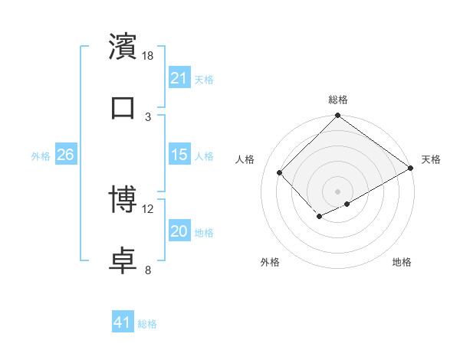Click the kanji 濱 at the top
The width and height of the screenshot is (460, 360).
(123, 47)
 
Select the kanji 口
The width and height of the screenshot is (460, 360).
(123, 108)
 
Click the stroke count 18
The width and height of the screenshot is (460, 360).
(148, 56)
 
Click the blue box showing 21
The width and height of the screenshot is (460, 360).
(179, 78)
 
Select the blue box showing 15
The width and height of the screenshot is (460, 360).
(179, 155)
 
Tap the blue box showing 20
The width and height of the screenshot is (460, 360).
(179, 231)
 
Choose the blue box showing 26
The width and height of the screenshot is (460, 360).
(65, 155)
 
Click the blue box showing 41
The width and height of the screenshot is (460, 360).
(123, 323)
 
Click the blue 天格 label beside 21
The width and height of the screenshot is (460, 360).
(204, 79)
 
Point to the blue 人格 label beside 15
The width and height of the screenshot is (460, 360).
(204, 155)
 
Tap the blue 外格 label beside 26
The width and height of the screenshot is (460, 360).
(41, 155)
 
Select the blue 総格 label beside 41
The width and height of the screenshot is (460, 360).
(147, 324)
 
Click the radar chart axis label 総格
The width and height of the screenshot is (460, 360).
(337, 100)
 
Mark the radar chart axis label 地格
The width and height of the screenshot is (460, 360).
(402, 262)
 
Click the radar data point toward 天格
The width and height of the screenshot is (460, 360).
(412, 168)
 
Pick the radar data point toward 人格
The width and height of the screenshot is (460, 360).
(280, 172)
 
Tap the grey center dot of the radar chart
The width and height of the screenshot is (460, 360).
(337, 191)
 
